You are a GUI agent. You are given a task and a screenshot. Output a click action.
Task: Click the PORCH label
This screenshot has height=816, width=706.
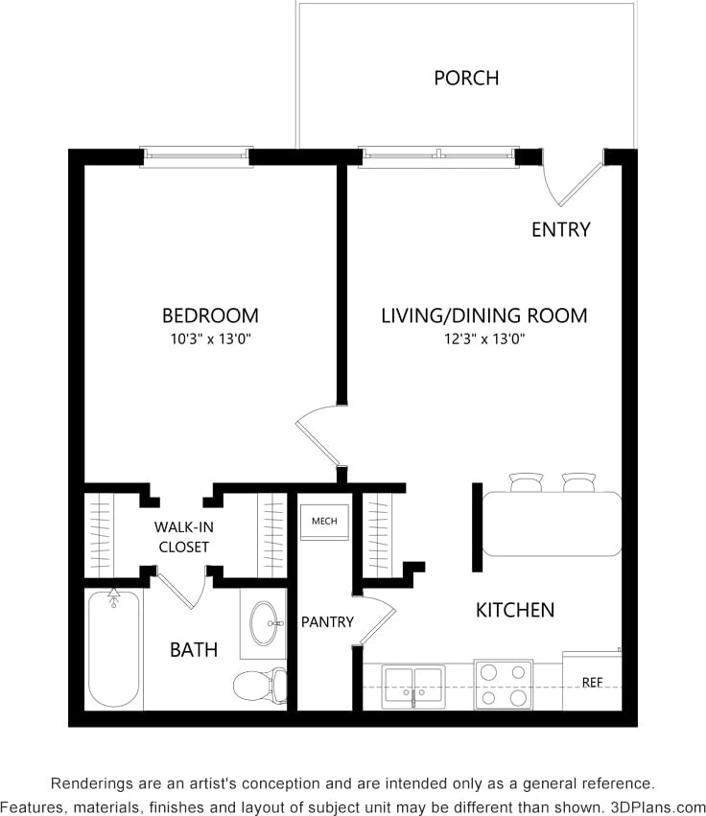coord(466,78)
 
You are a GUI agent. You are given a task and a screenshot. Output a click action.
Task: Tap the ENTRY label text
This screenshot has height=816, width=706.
coord(561,230)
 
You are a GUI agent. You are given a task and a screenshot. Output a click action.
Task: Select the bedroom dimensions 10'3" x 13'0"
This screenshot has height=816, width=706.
coord(209,338)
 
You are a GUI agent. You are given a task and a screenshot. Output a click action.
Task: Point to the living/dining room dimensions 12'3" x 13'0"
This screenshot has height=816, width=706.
coord(483,338)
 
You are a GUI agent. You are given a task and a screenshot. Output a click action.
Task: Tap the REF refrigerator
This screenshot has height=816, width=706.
coord(592,682)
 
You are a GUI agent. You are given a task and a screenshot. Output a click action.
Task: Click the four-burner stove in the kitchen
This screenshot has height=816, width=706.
coord(504,685)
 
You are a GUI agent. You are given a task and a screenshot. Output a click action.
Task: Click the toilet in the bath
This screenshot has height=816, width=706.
coord(261,685)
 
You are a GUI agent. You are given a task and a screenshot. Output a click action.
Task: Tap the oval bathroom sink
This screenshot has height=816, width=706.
coord(264,624)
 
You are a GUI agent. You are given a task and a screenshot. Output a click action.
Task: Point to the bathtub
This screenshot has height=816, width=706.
coord(114,649)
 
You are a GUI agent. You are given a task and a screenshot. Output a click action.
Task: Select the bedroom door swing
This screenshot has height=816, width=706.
coord(318,437)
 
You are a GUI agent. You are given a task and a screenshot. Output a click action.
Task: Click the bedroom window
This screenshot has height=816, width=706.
coord(197,156)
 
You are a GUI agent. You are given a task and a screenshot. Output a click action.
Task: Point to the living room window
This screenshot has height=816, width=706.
coord(437,156)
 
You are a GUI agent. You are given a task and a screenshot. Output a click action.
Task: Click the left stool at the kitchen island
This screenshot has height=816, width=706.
coord(526,482)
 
